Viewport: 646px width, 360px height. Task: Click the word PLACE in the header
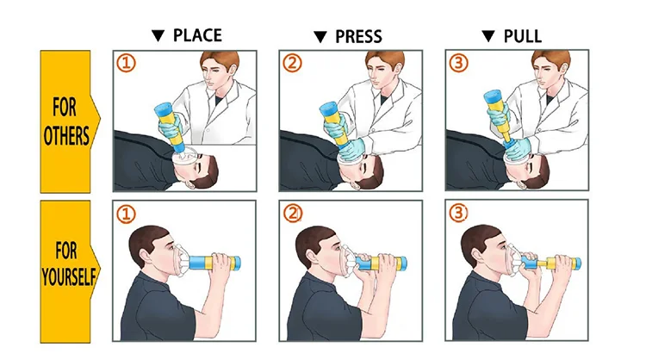197,35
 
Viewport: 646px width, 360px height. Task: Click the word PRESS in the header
358,37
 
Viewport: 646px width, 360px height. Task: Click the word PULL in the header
523,37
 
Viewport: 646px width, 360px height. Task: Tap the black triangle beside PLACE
158,36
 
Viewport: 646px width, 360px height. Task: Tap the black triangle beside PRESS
320,37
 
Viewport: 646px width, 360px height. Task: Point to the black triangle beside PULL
488,37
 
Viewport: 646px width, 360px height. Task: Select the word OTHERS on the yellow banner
66,136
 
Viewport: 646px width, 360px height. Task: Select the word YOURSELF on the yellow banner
68,276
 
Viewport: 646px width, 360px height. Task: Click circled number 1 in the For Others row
126,63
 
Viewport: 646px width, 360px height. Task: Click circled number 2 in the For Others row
292,63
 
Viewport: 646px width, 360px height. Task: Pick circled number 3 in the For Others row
458,63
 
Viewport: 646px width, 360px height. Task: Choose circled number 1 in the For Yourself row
126,214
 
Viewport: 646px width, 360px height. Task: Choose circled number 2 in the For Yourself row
293,214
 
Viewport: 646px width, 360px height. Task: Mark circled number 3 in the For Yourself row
458,213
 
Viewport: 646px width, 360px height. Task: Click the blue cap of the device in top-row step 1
163,109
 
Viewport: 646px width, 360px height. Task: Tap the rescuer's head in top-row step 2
385,68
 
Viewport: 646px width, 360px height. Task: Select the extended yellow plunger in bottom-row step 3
546,263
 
